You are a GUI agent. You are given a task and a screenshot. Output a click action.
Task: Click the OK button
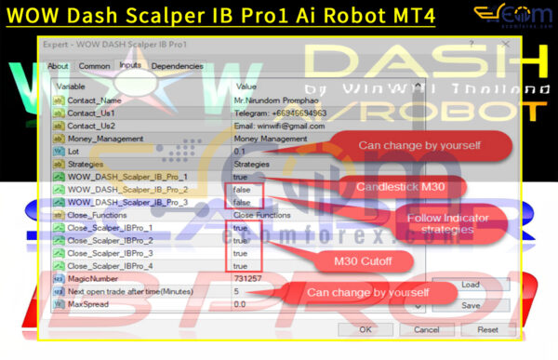(x=365, y=329)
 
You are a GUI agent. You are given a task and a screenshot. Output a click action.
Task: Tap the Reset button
(x=487, y=329)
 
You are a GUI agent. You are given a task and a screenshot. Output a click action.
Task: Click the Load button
(x=470, y=284)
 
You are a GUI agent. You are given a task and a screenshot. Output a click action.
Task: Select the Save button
(x=470, y=304)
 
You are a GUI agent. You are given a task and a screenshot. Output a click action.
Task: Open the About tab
(x=58, y=66)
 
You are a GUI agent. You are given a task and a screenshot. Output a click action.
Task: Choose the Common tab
(x=94, y=66)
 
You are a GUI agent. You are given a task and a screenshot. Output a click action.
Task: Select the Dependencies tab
(x=177, y=66)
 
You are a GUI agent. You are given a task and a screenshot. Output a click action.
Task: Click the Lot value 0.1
(x=240, y=151)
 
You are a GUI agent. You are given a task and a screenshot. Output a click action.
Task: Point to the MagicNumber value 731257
(x=247, y=278)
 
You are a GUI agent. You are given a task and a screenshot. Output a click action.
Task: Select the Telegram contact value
(x=279, y=113)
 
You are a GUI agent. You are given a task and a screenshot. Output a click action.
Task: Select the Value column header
(x=247, y=87)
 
